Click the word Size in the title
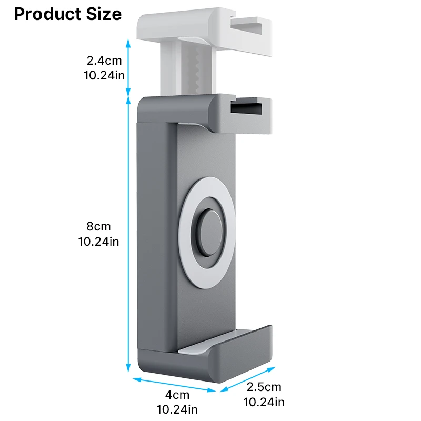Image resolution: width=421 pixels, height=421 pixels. pyautogui.click(x=103, y=14)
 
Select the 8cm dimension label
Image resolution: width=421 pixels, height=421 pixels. pyautogui.click(x=99, y=227)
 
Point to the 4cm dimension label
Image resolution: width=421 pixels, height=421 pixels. pyautogui.click(x=177, y=395)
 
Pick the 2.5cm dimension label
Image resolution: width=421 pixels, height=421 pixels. pyautogui.click(x=264, y=388)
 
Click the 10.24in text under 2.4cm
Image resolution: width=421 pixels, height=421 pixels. pyautogui.click(x=104, y=75)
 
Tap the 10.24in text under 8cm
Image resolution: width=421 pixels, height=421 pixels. pyautogui.click(x=99, y=242)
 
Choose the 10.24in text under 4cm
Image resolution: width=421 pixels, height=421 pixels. pyautogui.click(x=177, y=408)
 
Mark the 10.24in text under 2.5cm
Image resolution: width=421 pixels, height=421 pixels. pyautogui.click(x=264, y=402)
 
